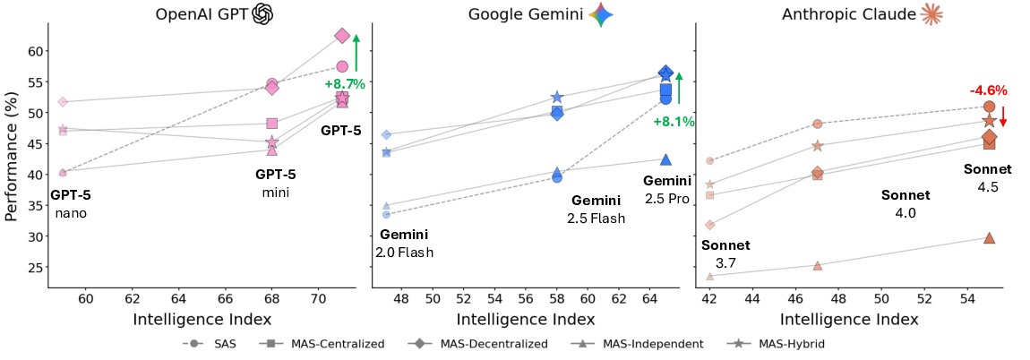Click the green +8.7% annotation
point(344,83)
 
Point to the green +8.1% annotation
point(674,121)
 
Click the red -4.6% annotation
point(988,90)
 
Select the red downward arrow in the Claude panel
point(1003,117)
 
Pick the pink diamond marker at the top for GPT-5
point(341,36)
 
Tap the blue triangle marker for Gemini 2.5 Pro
point(665,159)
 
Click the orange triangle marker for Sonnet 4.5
point(989,237)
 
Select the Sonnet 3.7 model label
point(725,253)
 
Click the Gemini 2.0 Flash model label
point(404,244)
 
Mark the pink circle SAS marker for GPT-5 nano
point(63,172)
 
